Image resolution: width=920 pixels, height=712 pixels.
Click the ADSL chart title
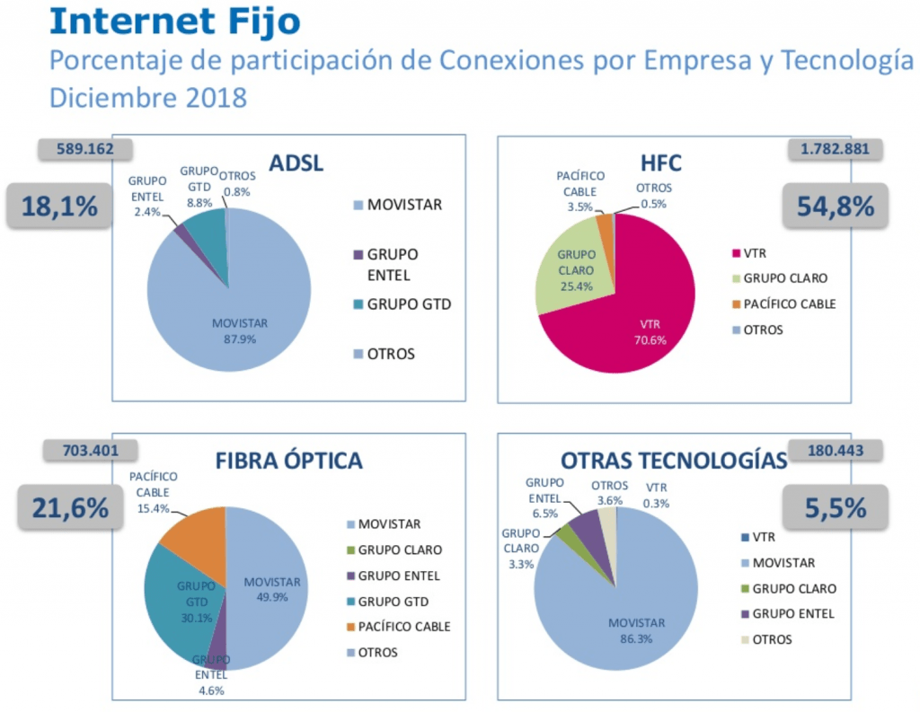[296, 163]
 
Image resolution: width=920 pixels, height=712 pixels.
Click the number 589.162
[85, 148]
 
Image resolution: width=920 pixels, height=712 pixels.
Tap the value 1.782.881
[834, 148]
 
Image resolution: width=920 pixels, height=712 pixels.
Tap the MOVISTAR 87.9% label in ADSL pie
[239, 330]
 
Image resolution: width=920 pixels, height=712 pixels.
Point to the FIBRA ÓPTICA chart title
[288, 461]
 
